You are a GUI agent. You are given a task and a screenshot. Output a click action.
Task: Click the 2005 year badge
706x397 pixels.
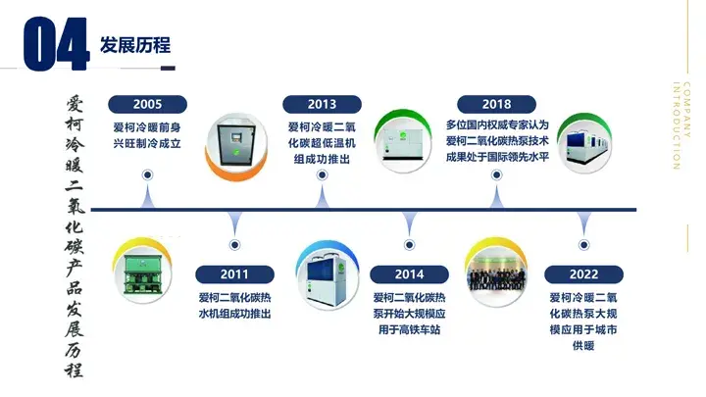(x=147, y=104)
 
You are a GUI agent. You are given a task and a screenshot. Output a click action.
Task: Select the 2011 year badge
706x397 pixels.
(x=234, y=274)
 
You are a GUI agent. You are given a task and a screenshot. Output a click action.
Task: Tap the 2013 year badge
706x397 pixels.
(x=322, y=104)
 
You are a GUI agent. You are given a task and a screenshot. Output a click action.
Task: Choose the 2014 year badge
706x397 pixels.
(x=409, y=274)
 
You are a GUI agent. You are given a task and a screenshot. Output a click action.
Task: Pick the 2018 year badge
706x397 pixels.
(x=496, y=104)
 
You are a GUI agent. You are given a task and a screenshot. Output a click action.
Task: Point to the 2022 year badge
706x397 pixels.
(x=584, y=274)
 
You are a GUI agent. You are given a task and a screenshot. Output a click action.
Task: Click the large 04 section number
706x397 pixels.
(x=56, y=44)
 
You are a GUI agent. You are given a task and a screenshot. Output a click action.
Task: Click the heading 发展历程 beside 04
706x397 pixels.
(x=135, y=45)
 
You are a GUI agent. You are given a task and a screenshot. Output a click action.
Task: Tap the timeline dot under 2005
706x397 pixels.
(x=147, y=174)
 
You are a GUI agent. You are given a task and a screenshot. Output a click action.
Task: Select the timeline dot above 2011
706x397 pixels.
(x=234, y=245)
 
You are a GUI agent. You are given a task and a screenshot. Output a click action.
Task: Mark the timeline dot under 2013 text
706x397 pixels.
(x=322, y=174)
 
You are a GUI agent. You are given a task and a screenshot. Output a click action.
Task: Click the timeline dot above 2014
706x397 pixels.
(x=409, y=245)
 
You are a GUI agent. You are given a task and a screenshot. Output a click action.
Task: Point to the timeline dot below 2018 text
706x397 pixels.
(x=496, y=174)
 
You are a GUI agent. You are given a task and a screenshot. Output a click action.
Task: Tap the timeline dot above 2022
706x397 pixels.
(x=584, y=245)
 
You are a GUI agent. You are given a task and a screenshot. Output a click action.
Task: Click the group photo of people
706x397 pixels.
(x=496, y=273)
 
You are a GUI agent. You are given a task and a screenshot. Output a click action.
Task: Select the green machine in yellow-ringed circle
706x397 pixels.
(x=143, y=272)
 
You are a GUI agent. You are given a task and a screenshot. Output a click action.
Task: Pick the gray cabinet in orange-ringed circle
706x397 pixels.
(x=236, y=145)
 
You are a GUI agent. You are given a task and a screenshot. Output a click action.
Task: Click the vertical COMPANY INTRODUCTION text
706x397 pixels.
(x=681, y=125)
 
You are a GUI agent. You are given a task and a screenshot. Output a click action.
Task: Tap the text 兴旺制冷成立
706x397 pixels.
(x=147, y=143)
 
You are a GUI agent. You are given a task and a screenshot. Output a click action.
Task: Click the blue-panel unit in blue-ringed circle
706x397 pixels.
(x=328, y=274)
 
